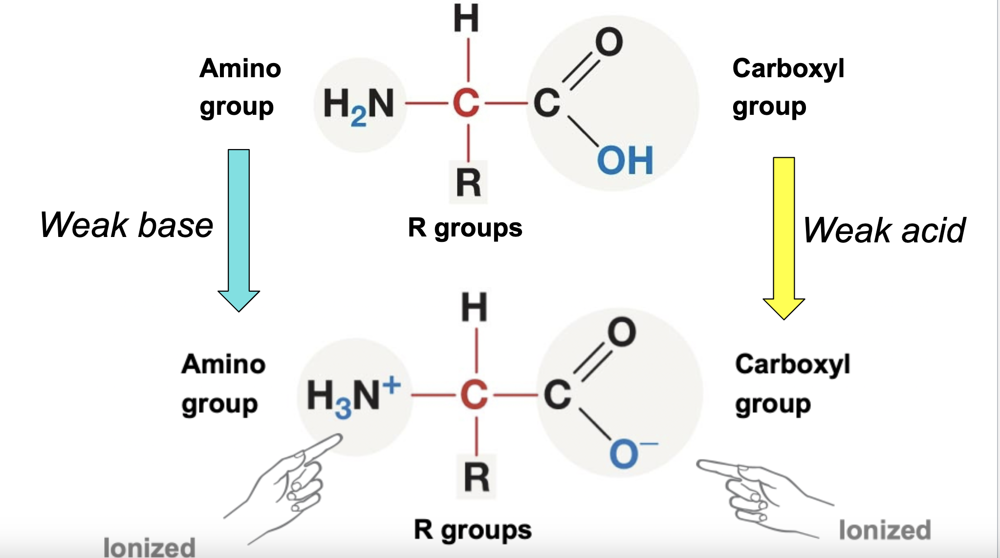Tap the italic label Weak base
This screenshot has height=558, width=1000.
[x=127, y=225]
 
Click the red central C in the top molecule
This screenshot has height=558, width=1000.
[x=466, y=103]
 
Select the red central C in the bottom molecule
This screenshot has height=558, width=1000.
[x=474, y=395]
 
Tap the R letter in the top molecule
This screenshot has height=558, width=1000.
[x=468, y=183]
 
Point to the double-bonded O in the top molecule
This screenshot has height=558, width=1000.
[x=609, y=42]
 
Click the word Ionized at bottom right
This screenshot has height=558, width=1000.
[x=885, y=530]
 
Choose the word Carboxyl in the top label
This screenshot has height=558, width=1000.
[x=788, y=68]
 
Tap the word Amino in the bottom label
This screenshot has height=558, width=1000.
[x=223, y=365]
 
